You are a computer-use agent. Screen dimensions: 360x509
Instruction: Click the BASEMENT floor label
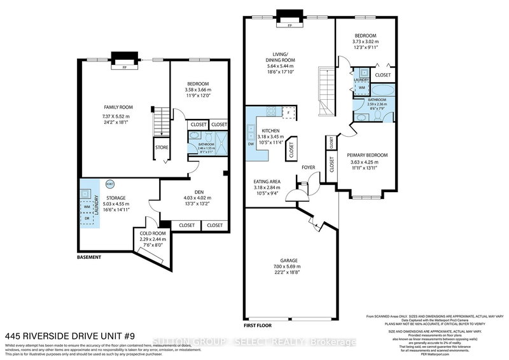[89, 258]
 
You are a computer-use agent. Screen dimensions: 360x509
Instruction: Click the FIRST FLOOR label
[257, 324]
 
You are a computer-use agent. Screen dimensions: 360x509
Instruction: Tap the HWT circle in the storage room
[109, 184]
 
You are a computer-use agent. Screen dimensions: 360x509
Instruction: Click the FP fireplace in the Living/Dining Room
[289, 26]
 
